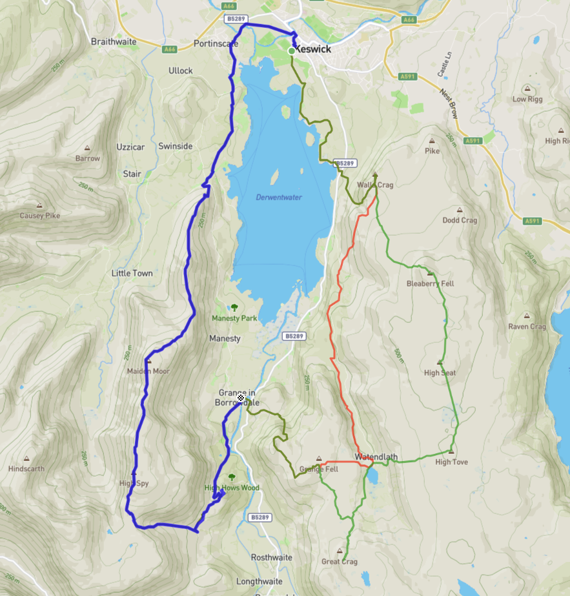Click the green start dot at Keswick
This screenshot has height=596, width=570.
click(x=292, y=50)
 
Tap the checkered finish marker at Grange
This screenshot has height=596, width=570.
click(x=241, y=398)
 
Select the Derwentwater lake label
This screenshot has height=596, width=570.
click(x=279, y=197)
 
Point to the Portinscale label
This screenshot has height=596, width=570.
click(x=216, y=44)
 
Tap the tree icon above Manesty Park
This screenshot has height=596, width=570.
click(x=234, y=307)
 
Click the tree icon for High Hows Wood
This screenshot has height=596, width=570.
click(x=232, y=477)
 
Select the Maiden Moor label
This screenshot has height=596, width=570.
click(x=148, y=371)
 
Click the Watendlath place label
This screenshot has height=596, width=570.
click(x=376, y=457)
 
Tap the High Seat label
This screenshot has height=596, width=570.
click(x=440, y=373)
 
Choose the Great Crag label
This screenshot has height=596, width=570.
click(x=340, y=562)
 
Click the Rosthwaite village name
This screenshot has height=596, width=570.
click(x=271, y=557)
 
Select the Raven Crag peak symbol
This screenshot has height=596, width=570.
click(x=527, y=316)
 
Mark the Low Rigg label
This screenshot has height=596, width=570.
click(x=527, y=99)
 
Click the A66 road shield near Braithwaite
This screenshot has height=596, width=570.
click(x=170, y=49)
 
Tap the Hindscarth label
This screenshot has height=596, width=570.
click(x=26, y=469)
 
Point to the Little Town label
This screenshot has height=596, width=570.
click(x=132, y=273)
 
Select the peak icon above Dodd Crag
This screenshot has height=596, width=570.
click(x=460, y=210)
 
